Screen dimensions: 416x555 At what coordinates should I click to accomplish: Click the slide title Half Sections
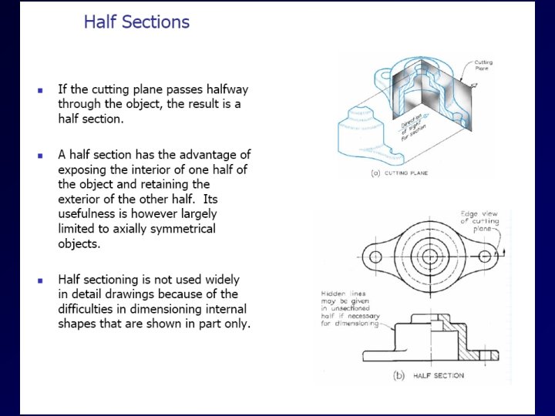pos(136,22)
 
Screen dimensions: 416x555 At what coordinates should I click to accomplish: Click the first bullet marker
pos(40,90)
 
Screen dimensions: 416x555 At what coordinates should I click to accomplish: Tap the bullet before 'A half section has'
pos(40,156)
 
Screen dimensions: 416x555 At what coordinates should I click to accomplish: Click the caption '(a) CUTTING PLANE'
pos(400,173)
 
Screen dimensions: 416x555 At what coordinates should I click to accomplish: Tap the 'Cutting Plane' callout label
pos(483,66)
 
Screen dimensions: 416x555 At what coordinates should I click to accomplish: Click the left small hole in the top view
pos(375,257)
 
